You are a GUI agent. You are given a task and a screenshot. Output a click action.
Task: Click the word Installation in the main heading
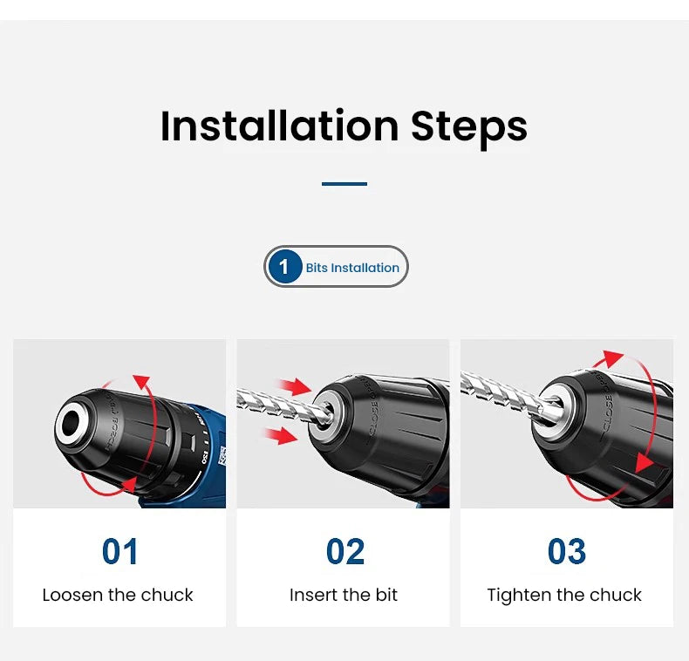pos(279,126)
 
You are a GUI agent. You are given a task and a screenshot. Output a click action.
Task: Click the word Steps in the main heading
pos(469,129)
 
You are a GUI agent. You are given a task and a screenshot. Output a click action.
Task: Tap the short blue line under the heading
pos(344,184)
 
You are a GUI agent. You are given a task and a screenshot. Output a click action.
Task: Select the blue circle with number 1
pos(284,266)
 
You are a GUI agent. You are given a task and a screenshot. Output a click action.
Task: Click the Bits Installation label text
pos(352,268)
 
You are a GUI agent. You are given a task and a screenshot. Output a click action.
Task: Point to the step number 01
pos(120,552)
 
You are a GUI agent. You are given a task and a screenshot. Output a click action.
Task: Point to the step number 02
pos(345,552)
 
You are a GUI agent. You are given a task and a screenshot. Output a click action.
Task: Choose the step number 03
pos(567,552)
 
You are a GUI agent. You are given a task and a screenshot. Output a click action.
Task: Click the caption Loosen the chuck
pos(118,595)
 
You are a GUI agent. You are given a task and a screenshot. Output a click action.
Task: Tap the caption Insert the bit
pos(344,595)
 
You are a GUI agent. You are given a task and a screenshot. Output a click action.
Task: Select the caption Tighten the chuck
pos(564,596)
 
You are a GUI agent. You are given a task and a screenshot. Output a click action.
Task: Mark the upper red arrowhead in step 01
pos(142,382)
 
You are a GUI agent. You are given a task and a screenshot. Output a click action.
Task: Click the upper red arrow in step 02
pos(294,386)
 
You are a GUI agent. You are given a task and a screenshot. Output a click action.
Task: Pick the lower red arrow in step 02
pos(281,436)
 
